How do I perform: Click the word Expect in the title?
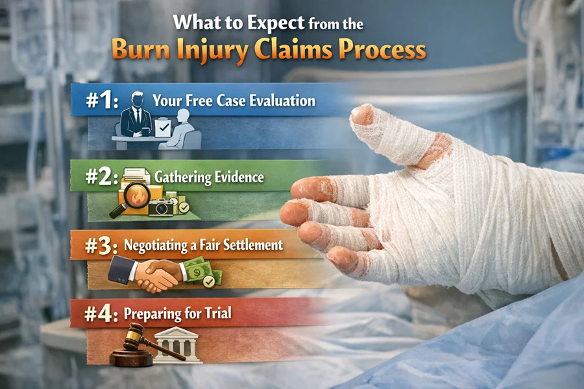click(276, 23)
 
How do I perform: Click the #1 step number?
click(102, 100)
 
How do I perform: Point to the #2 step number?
click(102, 176)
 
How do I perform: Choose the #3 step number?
click(101, 246)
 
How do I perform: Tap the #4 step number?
click(101, 314)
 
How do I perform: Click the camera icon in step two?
click(162, 207)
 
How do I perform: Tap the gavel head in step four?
click(132, 336)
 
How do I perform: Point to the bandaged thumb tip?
click(362, 114)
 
